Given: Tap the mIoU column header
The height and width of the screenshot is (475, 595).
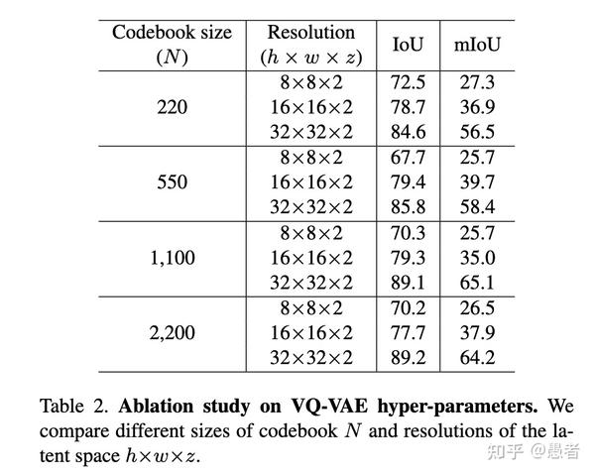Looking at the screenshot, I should tap(477, 45).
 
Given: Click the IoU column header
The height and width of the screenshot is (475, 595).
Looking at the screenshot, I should tap(408, 45).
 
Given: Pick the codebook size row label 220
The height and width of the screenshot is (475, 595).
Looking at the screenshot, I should tap(172, 107).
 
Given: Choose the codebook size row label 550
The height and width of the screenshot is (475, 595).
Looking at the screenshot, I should tap(172, 182).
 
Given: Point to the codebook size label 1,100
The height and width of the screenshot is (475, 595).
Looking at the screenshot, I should tap(172, 258).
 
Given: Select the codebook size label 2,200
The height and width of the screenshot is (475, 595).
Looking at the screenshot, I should tap(172, 333).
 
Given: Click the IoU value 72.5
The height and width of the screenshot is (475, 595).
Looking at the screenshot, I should tap(409, 82).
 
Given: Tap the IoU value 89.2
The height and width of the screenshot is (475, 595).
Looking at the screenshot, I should tap(409, 358).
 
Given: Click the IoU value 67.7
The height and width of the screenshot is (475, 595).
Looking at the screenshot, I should tap(409, 158).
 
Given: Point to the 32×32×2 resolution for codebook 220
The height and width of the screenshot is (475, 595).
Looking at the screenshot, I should tap(310, 132).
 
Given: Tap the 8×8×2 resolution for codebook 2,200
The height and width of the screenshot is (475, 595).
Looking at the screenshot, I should tap(310, 308).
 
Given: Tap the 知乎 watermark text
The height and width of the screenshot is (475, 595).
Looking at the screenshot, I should tap(503, 451).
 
